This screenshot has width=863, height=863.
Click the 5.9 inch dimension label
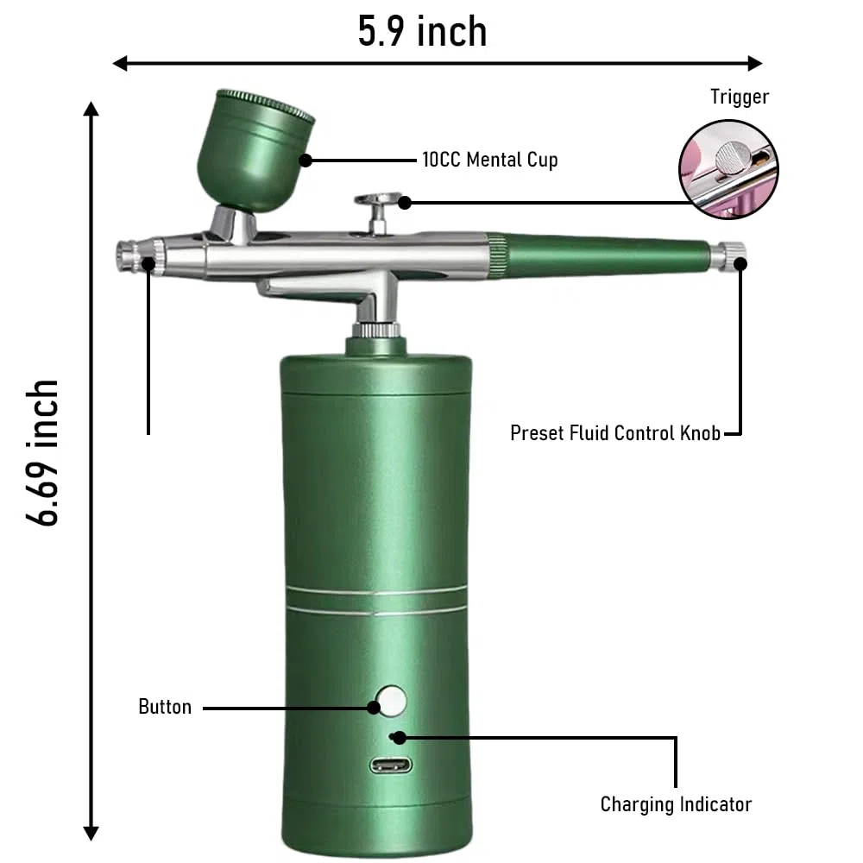[422, 31]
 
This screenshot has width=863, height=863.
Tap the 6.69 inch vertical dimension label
[42, 452]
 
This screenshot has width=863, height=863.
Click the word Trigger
[740, 97]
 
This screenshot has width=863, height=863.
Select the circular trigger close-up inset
[728, 169]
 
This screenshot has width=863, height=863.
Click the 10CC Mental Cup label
[490, 160]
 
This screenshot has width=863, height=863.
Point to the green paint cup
[254, 149]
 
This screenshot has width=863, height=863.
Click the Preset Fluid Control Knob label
[615, 433]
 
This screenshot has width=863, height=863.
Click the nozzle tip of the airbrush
[129, 256]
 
